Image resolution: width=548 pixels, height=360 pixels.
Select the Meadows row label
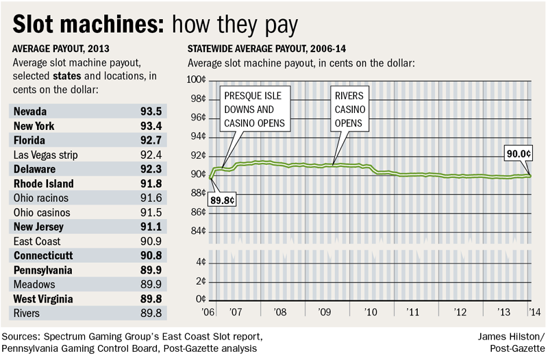coord(34,284)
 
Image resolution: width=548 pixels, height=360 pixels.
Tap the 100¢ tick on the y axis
coord(197,80)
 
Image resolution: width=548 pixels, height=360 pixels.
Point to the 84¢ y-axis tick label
coord(198,231)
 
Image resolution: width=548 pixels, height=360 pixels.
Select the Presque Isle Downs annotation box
coord(254,109)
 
